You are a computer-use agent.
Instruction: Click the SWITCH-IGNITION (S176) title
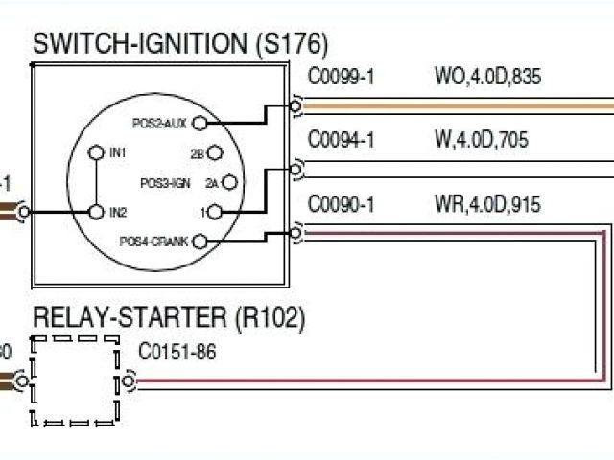click(x=180, y=43)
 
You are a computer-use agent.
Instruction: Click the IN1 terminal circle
click(x=96, y=152)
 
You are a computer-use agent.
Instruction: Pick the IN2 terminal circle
click(x=96, y=211)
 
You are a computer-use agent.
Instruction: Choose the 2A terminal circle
click(x=231, y=181)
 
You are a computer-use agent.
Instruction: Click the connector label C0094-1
click(x=341, y=141)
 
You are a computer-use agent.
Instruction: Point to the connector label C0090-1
click(x=341, y=204)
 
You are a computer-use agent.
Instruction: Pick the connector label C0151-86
click(x=177, y=352)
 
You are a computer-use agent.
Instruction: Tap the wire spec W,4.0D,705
click(x=481, y=141)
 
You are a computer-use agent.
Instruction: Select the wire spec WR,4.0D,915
click(x=486, y=204)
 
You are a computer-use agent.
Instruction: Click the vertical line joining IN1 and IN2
click(x=96, y=182)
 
